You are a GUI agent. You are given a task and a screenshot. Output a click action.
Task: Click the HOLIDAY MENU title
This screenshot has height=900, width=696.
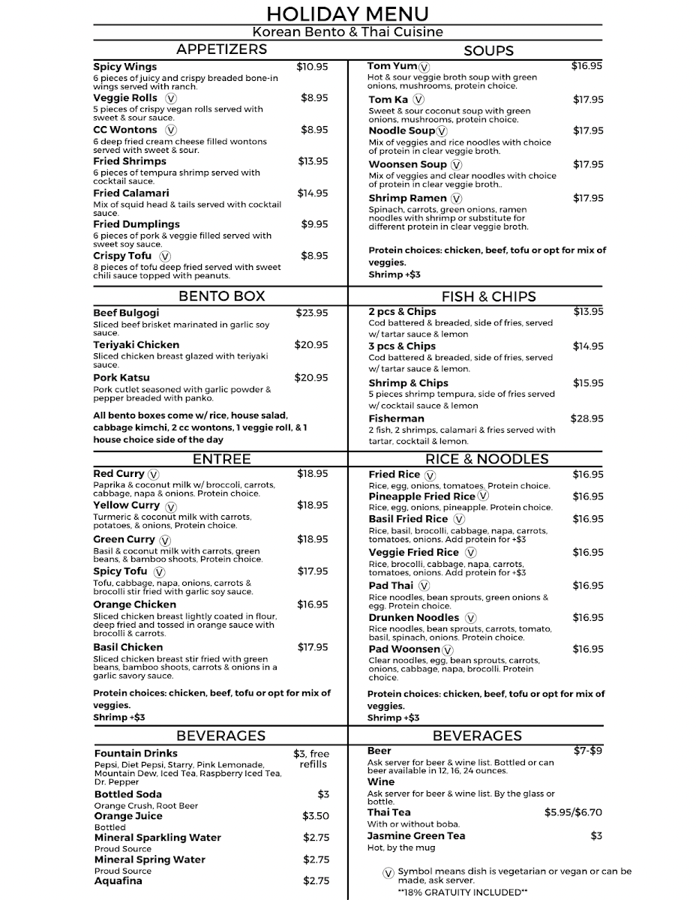[x=347, y=13]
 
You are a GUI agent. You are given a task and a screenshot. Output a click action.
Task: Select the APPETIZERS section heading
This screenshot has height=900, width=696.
[x=221, y=49]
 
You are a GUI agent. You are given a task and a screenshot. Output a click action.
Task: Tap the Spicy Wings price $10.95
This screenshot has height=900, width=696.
[x=312, y=67]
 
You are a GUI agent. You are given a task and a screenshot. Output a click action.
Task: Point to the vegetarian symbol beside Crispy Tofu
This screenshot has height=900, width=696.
[x=165, y=256]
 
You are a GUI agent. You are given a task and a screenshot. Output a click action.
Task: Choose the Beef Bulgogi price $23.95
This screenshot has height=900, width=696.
[x=311, y=313]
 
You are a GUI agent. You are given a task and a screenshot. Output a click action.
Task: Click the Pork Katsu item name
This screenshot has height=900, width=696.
[x=121, y=377]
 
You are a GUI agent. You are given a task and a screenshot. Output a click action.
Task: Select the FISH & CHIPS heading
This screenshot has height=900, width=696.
[x=489, y=296]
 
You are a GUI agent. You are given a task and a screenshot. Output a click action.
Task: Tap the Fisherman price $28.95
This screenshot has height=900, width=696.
[x=586, y=418]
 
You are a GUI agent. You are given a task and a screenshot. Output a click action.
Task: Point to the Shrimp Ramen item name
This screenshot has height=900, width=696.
[x=407, y=198]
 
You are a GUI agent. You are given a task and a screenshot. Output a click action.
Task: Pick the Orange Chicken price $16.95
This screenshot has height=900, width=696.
[x=312, y=604]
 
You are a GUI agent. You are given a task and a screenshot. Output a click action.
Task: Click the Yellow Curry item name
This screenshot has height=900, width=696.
[x=126, y=505]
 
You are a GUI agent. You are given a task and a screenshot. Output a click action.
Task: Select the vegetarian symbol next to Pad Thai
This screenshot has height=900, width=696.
[x=424, y=586]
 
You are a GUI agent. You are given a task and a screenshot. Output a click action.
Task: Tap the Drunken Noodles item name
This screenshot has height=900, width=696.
[x=413, y=617]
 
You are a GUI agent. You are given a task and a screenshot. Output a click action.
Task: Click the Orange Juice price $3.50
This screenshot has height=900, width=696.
[x=316, y=816]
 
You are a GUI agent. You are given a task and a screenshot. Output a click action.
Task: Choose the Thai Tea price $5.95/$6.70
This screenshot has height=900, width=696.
[x=573, y=812]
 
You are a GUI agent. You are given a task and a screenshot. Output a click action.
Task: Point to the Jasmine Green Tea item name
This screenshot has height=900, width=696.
[x=416, y=835]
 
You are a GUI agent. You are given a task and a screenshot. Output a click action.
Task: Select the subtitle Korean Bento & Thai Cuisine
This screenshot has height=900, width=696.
[x=347, y=32]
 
